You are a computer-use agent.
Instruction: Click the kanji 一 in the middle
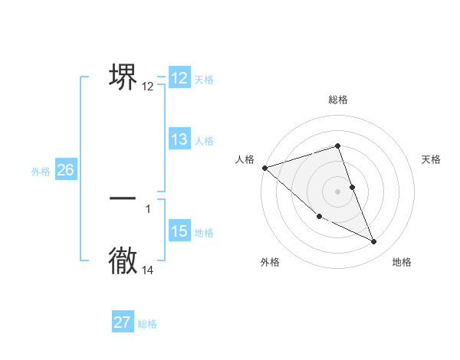tap(123, 198)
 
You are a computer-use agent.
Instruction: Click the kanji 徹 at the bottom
tap(123, 260)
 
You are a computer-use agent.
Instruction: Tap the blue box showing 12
tap(179, 78)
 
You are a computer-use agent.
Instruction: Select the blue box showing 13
tap(179, 139)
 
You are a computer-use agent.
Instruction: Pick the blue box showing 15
tap(179, 231)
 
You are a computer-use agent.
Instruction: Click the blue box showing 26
tap(65, 170)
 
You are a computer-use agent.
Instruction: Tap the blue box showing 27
tap(123, 322)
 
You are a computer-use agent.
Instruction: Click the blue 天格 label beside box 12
tap(203, 80)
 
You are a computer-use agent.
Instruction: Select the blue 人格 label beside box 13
tap(203, 141)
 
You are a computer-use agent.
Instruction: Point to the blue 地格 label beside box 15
tap(203, 233)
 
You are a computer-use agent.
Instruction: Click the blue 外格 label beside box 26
tap(41, 172)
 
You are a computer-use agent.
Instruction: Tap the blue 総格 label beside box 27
tap(147, 324)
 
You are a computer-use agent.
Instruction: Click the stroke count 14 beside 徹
tap(148, 270)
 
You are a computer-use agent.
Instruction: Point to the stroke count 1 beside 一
tap(148, 208)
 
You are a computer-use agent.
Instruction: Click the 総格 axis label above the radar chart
tap(338, 100)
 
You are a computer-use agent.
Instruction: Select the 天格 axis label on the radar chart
tap(431, 159)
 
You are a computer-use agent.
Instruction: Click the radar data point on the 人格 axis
tap(264, 167)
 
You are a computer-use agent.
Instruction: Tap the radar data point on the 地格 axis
tap(374, 242)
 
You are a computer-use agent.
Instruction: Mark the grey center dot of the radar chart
tap(338, 191)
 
